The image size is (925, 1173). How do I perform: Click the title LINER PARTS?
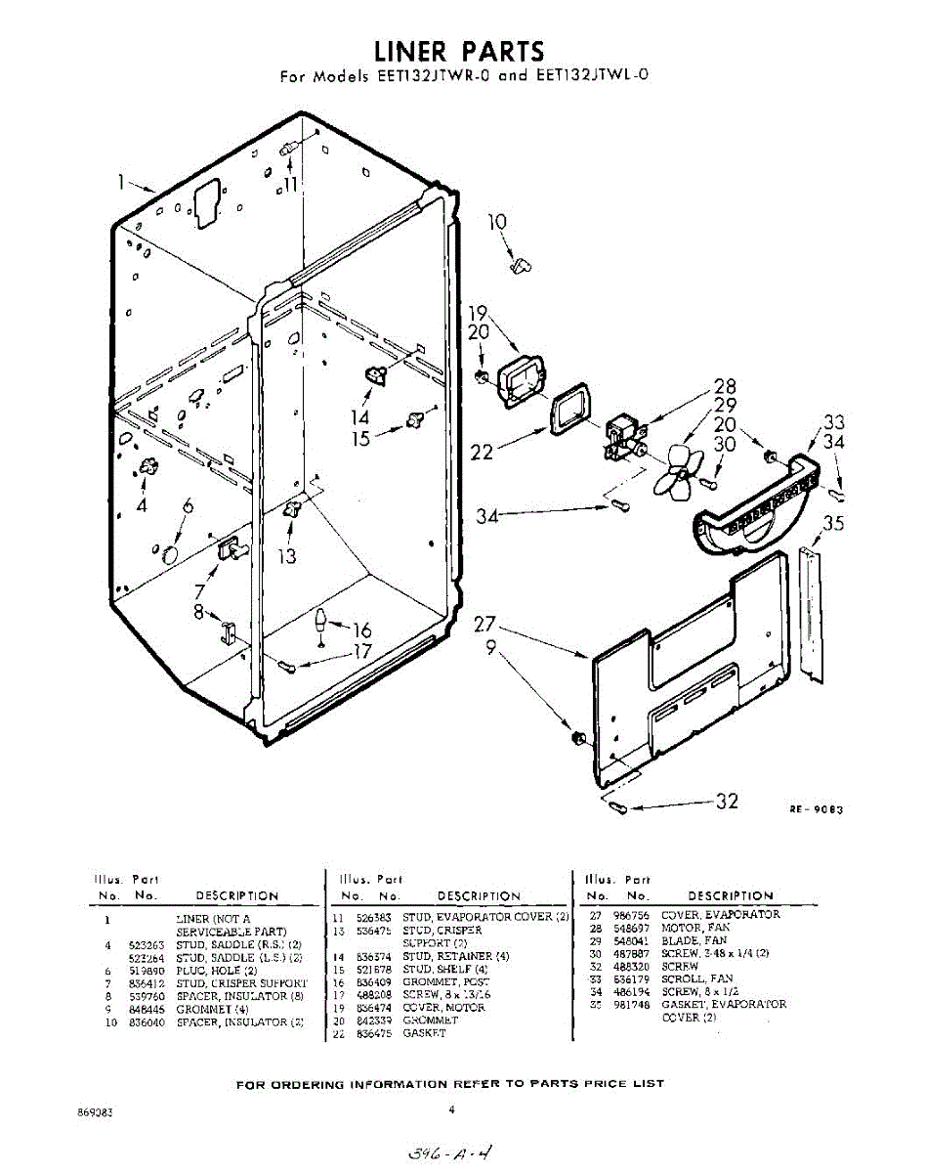tap(459, 50)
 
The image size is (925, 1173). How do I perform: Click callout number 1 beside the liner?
tap(122, 181)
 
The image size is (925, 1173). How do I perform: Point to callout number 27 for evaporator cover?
tap(486, 625)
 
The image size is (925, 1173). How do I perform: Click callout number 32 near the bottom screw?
tap(726, 802)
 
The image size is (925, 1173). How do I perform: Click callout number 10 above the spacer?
tap(497, 223)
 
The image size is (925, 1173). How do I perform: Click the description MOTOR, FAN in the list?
tap(694, 928)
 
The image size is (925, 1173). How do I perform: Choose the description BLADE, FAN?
tap(694, 940)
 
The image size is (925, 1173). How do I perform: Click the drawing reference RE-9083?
tap(817, 809)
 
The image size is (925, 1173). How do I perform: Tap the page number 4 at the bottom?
tap(452, 1108)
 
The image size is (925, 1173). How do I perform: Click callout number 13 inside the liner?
tap(287, 557)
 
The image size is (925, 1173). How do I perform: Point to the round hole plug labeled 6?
tap(168, 555)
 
